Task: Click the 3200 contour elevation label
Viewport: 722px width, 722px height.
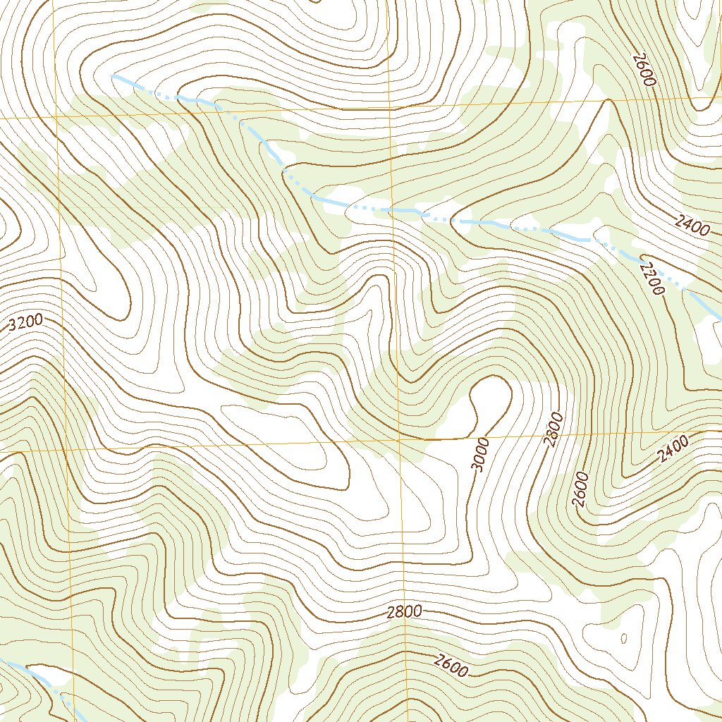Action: [x=27, y=324]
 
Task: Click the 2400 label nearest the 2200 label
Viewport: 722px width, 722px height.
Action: [x=690, y=225]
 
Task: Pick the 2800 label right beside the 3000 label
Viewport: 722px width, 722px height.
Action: [x=555, y=429]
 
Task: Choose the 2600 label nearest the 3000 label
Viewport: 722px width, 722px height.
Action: [x=580, y=489]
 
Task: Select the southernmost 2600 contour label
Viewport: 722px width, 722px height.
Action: [x=451, y=666]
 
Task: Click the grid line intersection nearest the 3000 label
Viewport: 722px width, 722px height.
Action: [x=399, y=441]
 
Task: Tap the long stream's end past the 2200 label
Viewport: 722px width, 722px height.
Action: [x=718, y=317]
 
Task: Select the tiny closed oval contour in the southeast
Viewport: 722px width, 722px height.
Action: [x=623, y=638]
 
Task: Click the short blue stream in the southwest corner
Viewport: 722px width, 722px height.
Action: [x=42, y=677]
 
